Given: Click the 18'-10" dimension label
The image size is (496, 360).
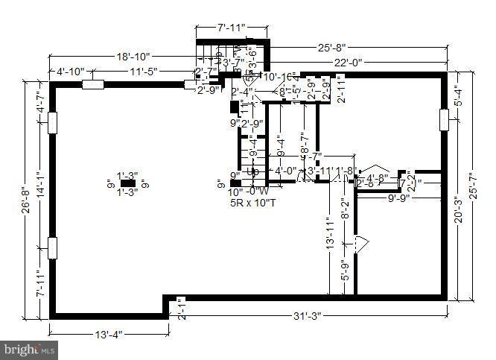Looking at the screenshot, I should (133, 56).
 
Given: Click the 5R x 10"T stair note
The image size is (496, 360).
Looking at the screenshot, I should (252, 201).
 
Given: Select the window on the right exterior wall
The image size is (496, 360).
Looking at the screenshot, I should (445, 119).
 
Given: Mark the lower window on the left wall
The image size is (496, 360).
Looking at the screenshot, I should (52, 247).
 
